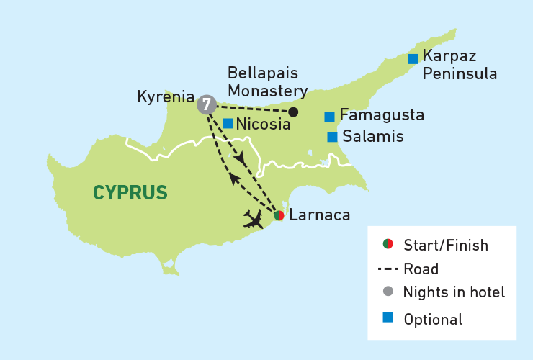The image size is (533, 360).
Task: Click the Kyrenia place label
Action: tap(166, 96)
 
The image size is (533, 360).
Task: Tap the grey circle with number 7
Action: tap(207, 104)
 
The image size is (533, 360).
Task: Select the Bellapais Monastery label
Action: tap(267, 82)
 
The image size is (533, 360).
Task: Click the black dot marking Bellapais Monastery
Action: tap(293, 112)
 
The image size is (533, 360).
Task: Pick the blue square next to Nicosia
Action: tap(228, 123)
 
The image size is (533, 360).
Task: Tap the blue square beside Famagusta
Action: tap(329, 117)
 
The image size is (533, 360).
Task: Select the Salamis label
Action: tap(373, 136)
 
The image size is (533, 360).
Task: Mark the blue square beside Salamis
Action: tap(332, 137)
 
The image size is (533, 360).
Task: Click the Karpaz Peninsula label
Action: tap(460, 64)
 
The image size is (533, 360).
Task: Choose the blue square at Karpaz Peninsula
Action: tap(413, 58)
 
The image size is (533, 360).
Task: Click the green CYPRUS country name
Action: tap(130, 192)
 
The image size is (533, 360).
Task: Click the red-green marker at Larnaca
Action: tap(279, 215)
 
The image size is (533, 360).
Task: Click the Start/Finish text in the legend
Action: tap(446, 245)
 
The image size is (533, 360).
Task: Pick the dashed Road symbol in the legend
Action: tap(388, 269)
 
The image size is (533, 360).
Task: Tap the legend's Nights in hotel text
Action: tap(454, 292)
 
